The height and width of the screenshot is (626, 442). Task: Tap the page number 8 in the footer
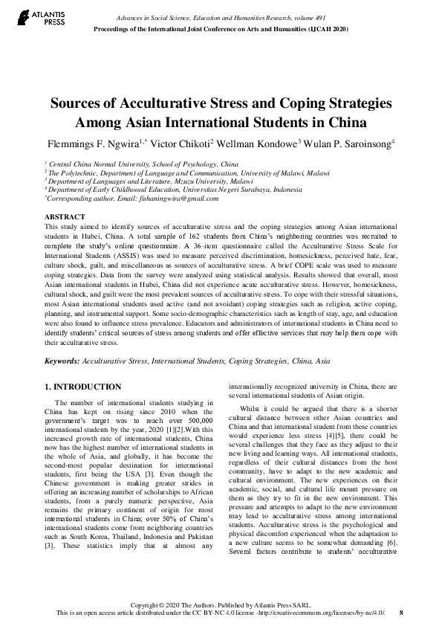401,613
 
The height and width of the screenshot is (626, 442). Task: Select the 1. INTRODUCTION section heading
83,387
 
